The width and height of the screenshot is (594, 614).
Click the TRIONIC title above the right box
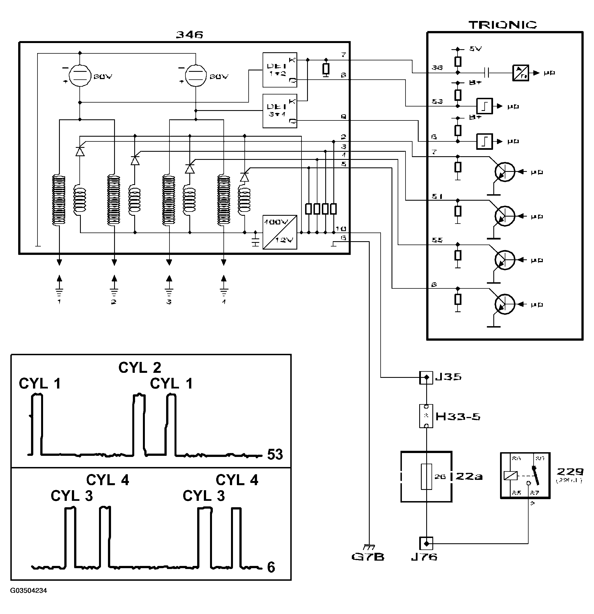tap(502, 25)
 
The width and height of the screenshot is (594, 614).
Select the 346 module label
tap(189, 34)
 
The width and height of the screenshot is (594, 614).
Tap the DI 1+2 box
tap(280, 70)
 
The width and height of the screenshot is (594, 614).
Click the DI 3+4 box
tap(280, 111)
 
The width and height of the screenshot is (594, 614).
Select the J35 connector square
tap(426, 378)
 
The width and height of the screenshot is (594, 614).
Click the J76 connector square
tap(426, 543)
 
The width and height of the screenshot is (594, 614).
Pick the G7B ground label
tap(368, 557)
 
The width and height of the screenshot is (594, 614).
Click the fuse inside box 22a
tap(426, 476)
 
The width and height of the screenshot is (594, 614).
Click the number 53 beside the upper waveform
tap(275, 454)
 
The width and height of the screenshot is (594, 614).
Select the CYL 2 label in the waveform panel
tap(140, 368)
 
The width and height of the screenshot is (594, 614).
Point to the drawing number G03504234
tap(29, 591)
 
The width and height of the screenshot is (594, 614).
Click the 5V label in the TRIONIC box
tap(475, 49)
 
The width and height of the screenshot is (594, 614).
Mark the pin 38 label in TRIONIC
tap(437, 68)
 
